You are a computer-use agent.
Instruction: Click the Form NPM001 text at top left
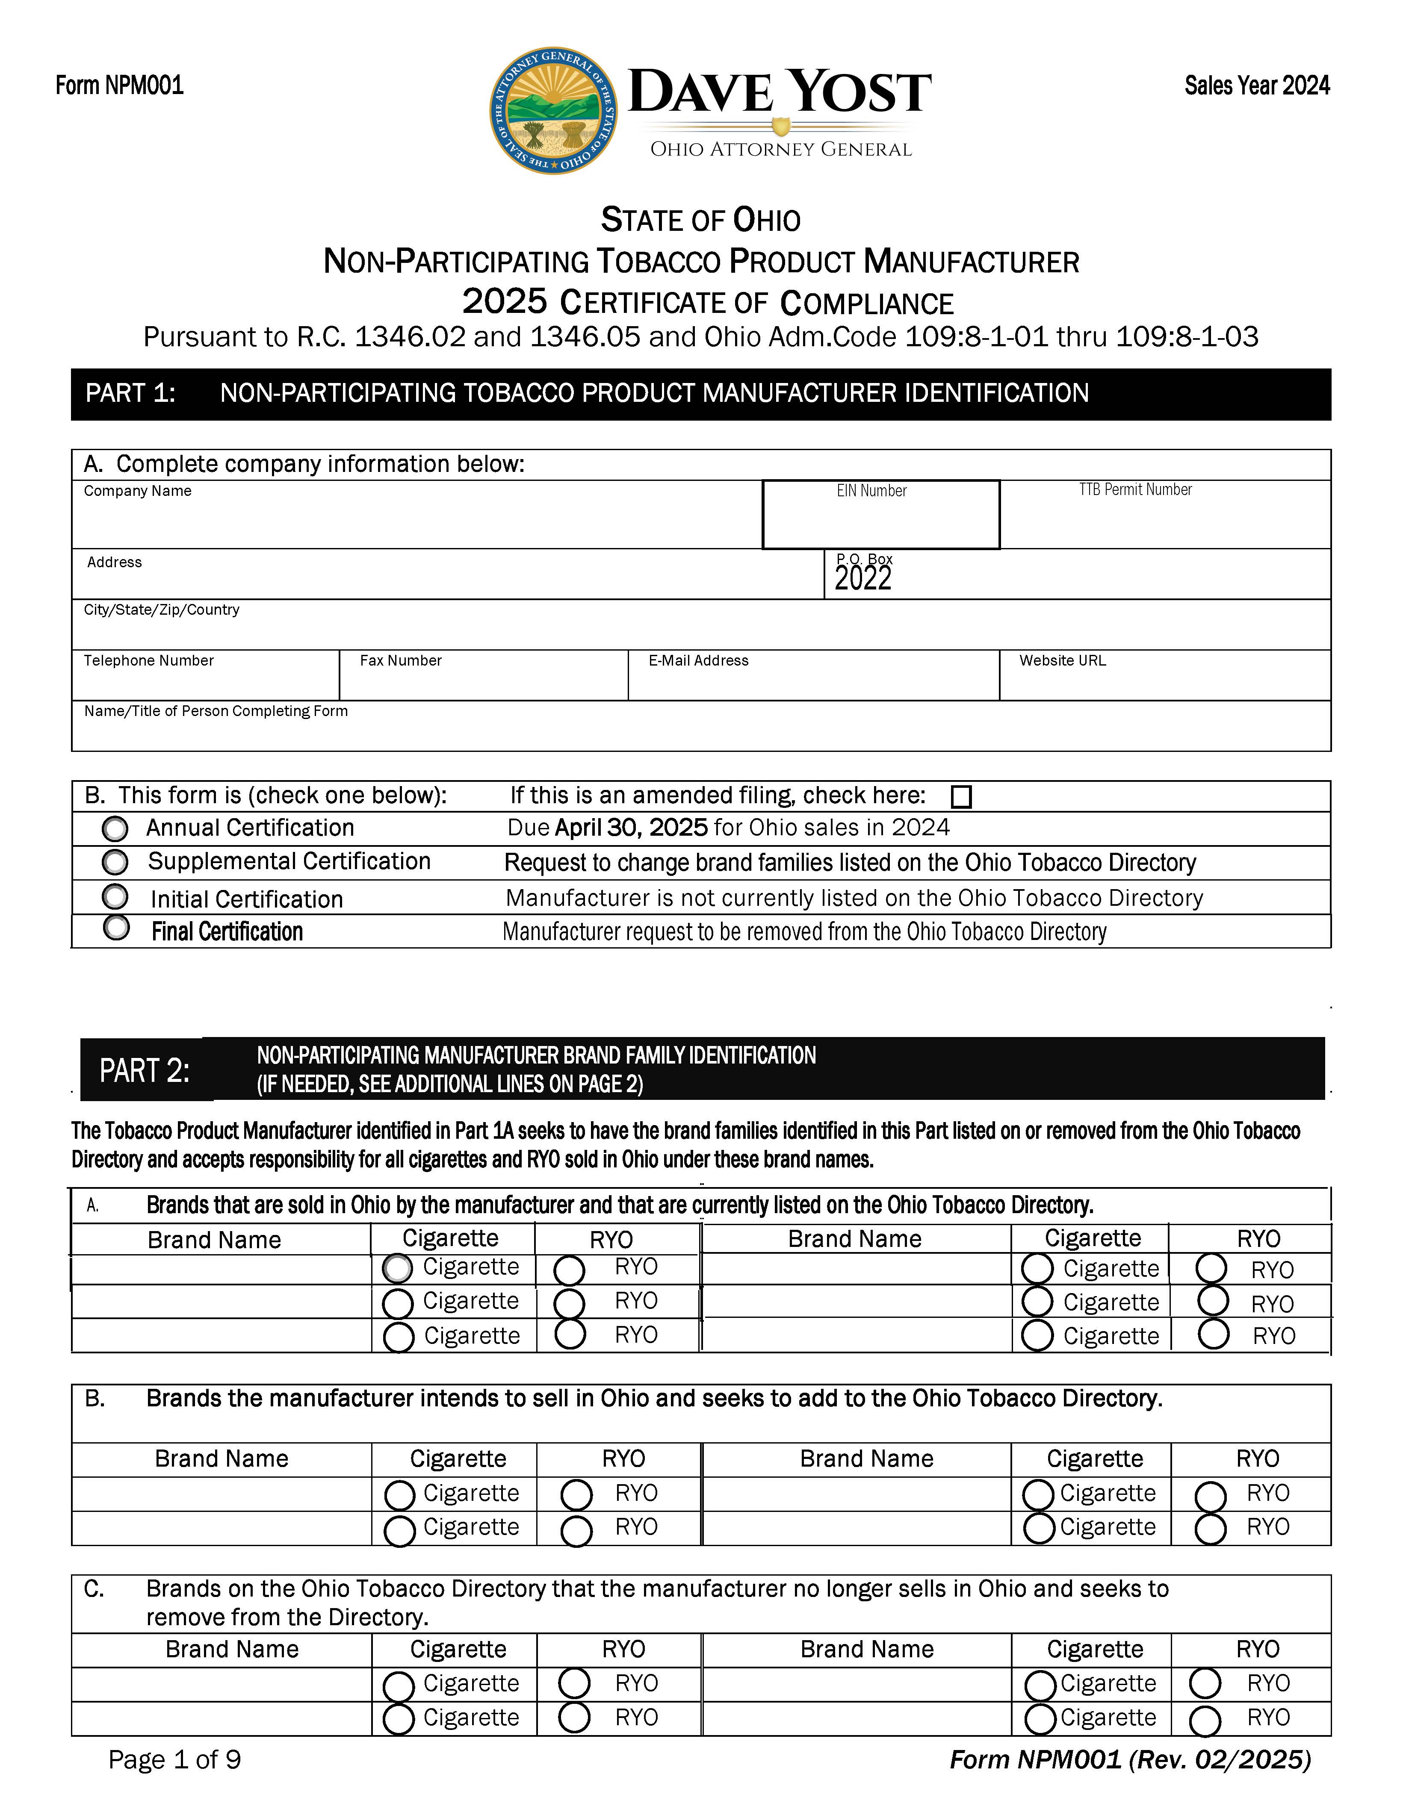pos(120,85)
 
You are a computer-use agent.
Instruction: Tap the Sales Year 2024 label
pos(1257,85)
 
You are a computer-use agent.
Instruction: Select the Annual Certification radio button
pos(115,828)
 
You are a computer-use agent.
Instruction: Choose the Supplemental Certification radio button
pos(115,863)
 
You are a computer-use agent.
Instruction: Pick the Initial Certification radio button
pos(115,897)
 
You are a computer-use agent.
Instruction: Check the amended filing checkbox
pos(961,797)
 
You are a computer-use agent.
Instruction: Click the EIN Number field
pos(881,519)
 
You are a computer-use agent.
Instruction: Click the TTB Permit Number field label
pos(1135,490)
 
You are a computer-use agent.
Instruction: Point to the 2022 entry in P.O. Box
pos(863,578)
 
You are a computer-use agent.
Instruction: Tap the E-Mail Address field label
pos(698,661)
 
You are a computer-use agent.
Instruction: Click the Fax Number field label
pos(401,661)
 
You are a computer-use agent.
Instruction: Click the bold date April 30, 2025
pos(631,828)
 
